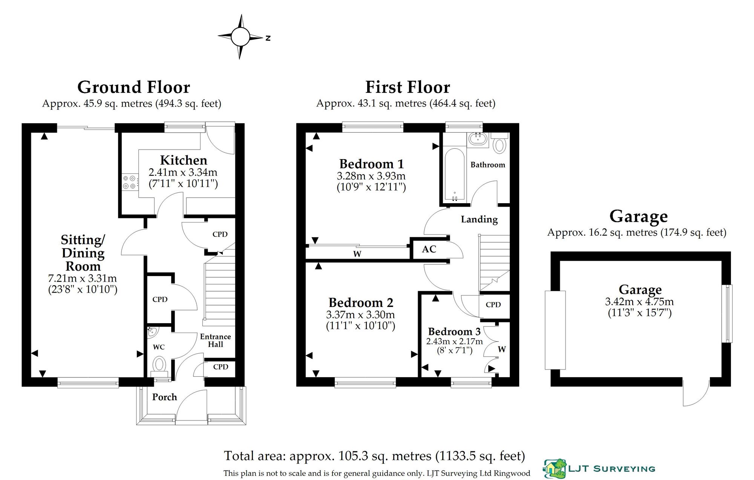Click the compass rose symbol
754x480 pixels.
pos(240,37)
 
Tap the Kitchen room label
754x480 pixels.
pos(184,160)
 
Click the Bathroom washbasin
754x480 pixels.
pos(478,139)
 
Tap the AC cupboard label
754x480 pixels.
pos(429,249)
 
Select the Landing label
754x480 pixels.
pos(479,219)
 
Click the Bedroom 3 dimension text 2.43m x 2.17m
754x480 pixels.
pos(454,341)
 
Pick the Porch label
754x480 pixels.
pos(164,397)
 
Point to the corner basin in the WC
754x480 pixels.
pos(152,332)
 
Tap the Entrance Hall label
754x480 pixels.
pos(215,340)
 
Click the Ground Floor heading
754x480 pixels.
pos(133,87)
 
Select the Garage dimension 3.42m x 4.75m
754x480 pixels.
pos(639,302)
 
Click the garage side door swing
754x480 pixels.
pos(696,392)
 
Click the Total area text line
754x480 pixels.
pos(374,456)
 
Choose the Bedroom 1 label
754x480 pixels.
pos(371,164)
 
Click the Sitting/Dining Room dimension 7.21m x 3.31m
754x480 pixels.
pos(82,279)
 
